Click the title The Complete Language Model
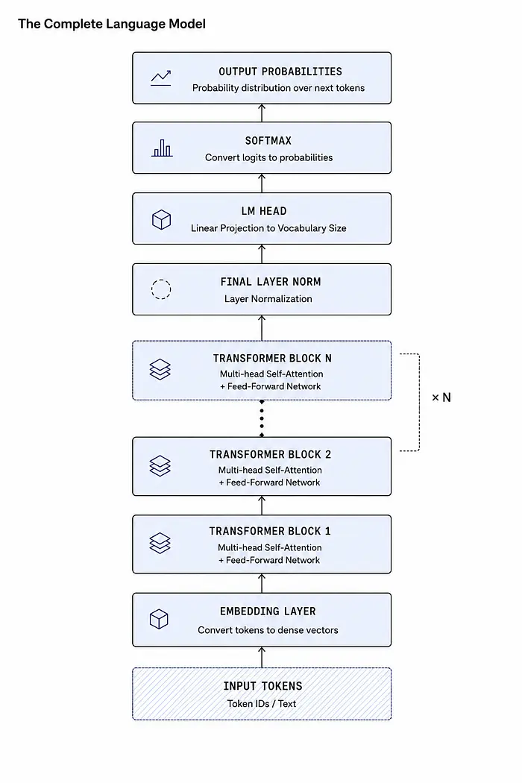(x=112, y=24)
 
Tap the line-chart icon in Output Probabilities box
(x=161, y=78)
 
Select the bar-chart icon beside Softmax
(x=162, y=148)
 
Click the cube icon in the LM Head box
(x=161, y=219)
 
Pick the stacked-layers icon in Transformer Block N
(x=160, y=370)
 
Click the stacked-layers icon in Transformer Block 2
(x=160, y=466)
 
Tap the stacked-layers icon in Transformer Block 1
(x=160, y=544)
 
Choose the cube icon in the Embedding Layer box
(x=159, y=619)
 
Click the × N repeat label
(x=441, y=397)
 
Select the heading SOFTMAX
(x=268, y=141)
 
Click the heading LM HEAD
(x=264, y=211)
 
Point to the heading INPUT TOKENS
(x=262, y=686)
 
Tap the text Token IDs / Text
(x=262, y=704)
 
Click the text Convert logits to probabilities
(x=268, y=158)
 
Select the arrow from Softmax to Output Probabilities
(x=262, y=113)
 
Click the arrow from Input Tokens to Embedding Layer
(x=262, y=657)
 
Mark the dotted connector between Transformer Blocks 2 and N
(x=262, y=418)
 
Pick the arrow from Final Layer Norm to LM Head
(x=262, y=254)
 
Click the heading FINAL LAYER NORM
(x=271, y=282)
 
